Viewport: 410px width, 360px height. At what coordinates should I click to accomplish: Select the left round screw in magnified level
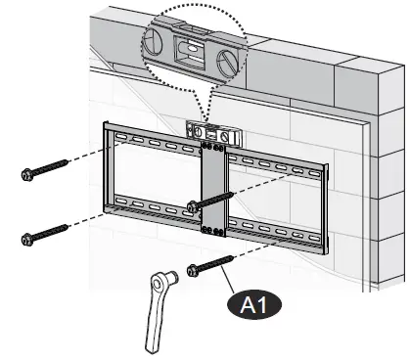coord(156,41)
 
